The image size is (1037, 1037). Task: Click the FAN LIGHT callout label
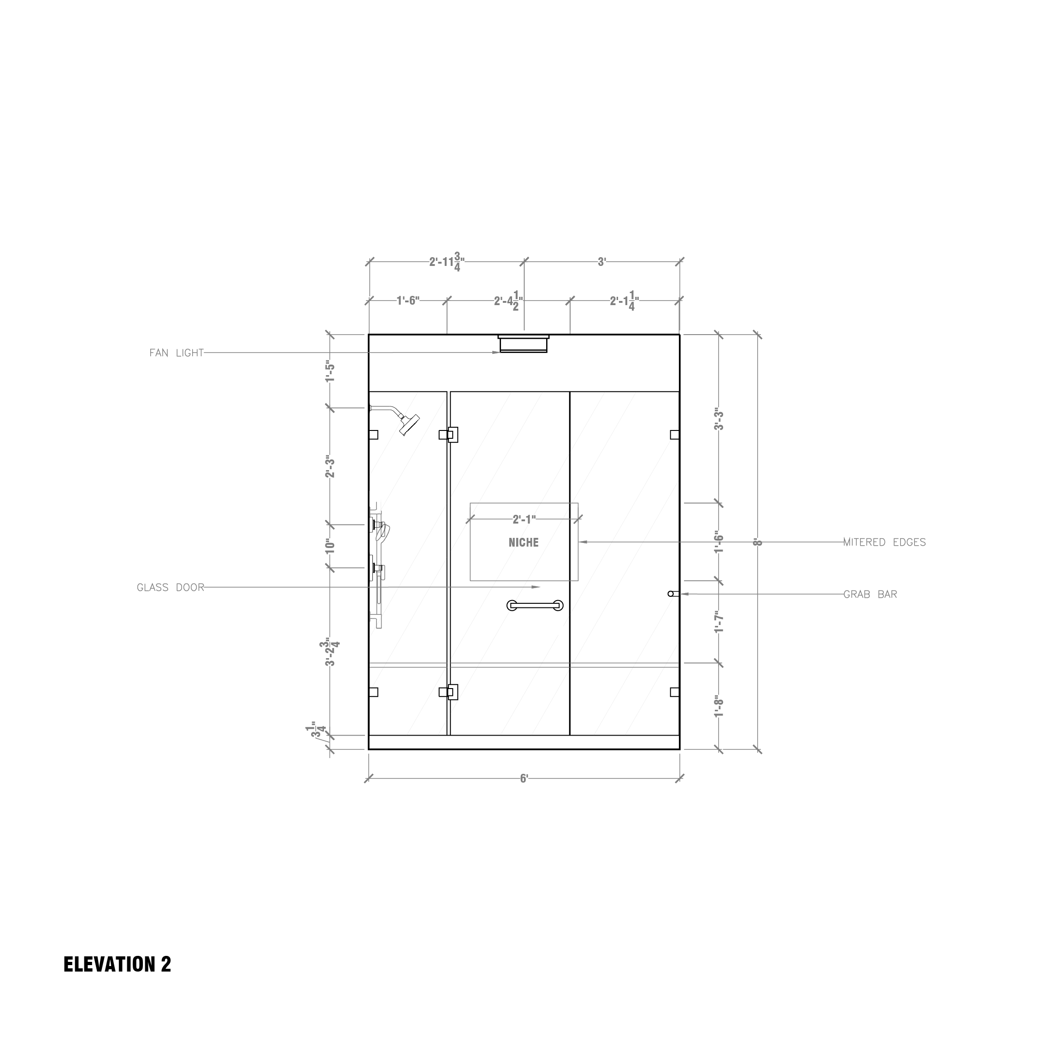click(177, 353)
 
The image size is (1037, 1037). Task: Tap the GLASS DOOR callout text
click(171, 588)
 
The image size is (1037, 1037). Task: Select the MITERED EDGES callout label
click(884, 542)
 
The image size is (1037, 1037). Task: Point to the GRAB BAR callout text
click(870, 594)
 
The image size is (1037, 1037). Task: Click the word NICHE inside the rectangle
click(523, 542)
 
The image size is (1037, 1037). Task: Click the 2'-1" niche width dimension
click(524, 519)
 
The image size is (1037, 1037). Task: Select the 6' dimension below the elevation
click(524, 779)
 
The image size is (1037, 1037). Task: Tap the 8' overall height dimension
click(757, 542)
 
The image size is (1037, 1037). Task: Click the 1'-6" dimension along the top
click(408, 300)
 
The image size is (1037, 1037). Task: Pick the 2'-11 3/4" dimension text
click(446, 262)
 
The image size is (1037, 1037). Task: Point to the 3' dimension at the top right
click(602, 262)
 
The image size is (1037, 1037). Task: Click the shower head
click(407, 424)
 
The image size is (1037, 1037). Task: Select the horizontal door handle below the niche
click(535, 606)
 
